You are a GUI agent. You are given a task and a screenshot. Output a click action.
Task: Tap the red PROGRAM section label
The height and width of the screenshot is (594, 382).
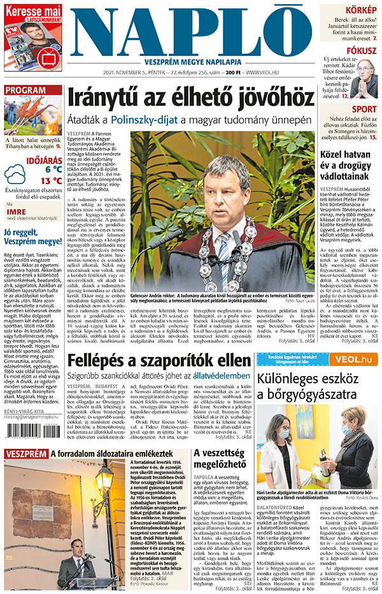click(x=25, y=90)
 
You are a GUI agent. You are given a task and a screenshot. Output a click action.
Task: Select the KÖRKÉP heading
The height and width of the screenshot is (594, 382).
click(x=360, y=10)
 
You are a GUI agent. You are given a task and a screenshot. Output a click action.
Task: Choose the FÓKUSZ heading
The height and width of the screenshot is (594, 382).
click(x=362, y=50)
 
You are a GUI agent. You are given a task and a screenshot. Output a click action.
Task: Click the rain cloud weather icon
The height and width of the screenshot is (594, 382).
click(x=15, y=174)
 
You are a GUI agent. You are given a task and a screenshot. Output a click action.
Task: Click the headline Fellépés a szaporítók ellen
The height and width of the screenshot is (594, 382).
click(x=159, y=360)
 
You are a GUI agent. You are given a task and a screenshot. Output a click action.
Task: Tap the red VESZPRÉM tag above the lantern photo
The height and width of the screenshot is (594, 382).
click(x=25, y=454)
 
